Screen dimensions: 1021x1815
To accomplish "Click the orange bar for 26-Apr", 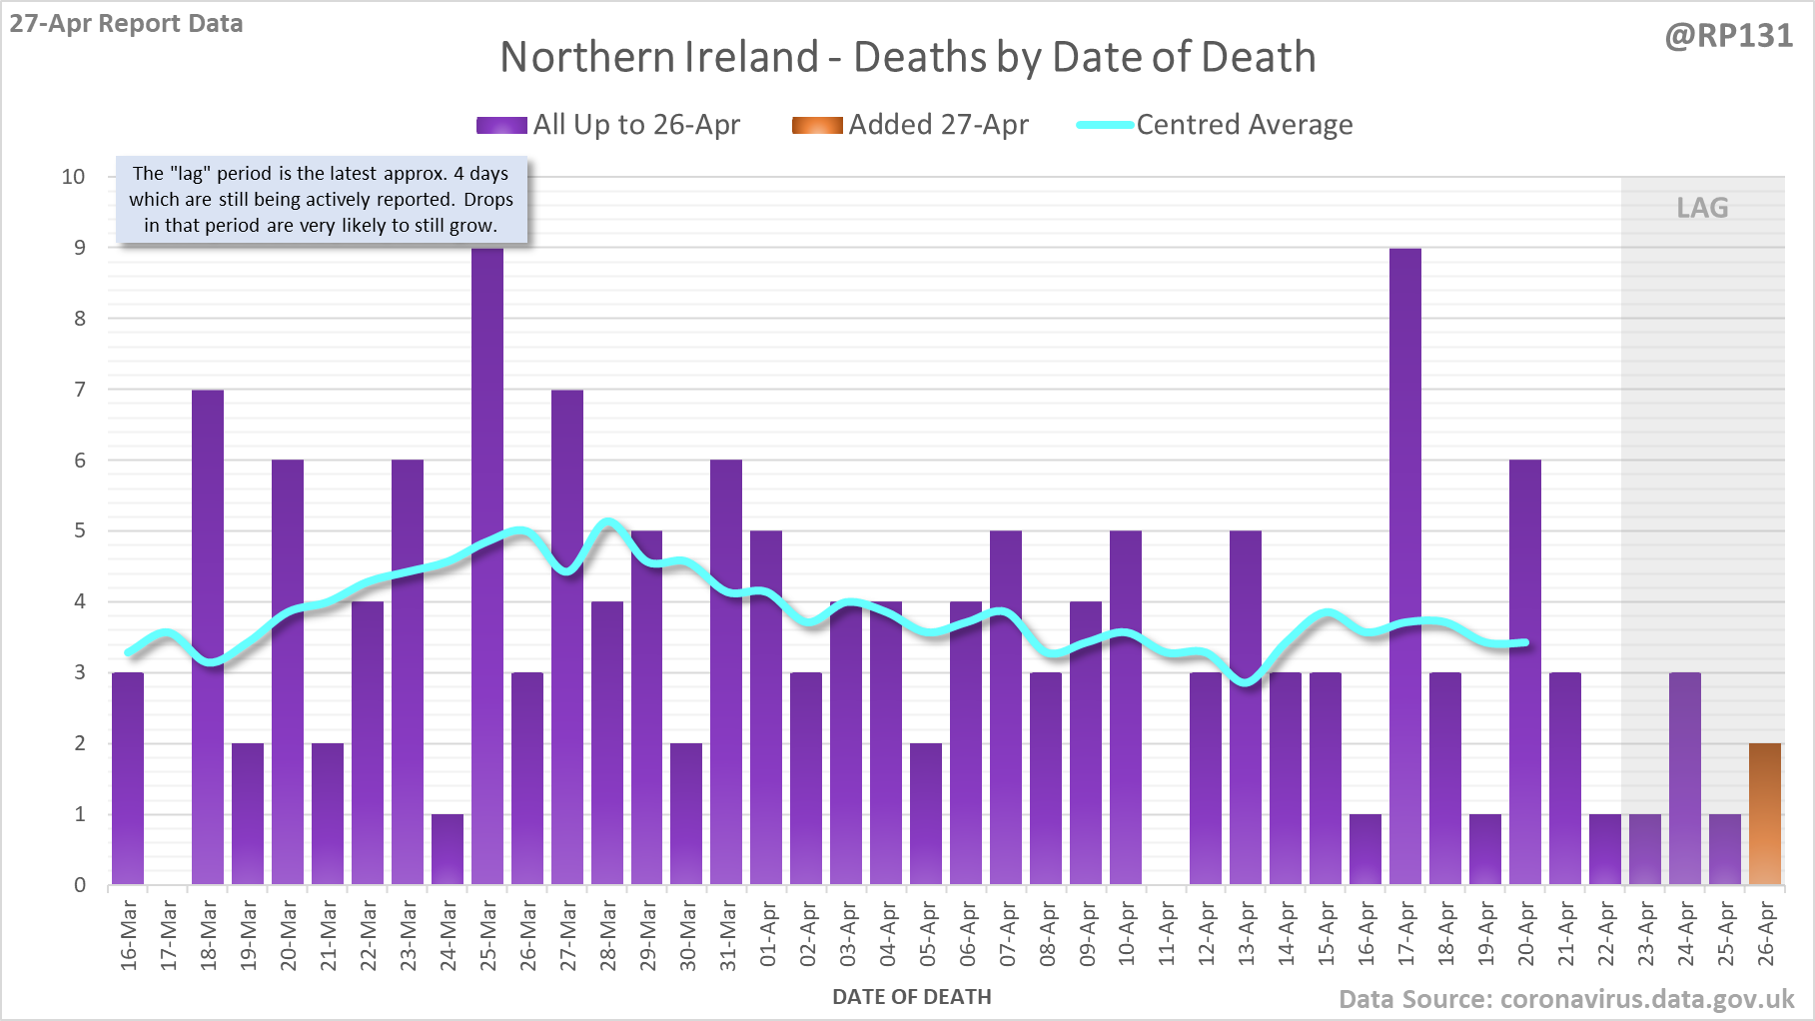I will point(1765,814).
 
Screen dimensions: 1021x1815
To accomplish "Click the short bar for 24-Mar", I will point(448,849).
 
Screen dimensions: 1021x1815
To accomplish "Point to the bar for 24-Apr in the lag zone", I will point(1685,779).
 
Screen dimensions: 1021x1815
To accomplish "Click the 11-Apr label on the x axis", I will point(1167,933).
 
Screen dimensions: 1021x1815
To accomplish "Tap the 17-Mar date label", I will point(169,933).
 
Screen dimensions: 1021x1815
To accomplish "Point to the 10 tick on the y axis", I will point(74,177).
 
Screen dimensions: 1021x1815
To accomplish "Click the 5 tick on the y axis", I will point(80,530).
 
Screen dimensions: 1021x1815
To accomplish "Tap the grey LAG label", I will point(1702,208).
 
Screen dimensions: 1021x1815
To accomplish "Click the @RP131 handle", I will point(1728,36).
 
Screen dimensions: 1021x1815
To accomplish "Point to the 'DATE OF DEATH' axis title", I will point(912,997).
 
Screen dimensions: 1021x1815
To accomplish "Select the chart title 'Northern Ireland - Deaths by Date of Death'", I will point(908,57).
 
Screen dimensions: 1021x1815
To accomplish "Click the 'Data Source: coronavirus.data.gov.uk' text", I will point(1566,999).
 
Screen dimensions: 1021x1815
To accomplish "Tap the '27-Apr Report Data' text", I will point(127,24).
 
